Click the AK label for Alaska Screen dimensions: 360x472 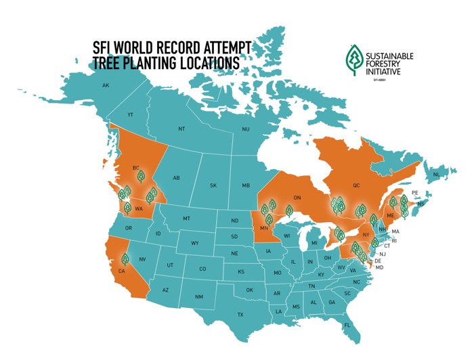[x=106, y=86]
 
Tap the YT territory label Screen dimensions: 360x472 [x=131, y=115]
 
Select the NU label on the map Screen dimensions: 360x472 [x=246, y=129]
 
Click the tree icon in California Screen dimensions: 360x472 [x=125, y=258]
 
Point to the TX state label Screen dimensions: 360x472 [x=240, y=315]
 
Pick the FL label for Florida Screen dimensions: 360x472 [x=347, y=325]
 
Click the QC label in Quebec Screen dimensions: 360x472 [x=356, y=183]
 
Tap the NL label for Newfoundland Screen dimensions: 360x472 [x=436, y=175]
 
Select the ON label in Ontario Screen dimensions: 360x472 [x=296, y=198]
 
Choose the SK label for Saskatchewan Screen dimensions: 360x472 [x=213, y=185]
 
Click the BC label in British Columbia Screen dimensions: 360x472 [x=135, y=168]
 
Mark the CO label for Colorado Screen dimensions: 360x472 [x=202, y=269]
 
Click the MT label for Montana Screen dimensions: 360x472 [x=186, y=219]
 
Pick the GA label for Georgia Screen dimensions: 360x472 [x=332, y=302]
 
